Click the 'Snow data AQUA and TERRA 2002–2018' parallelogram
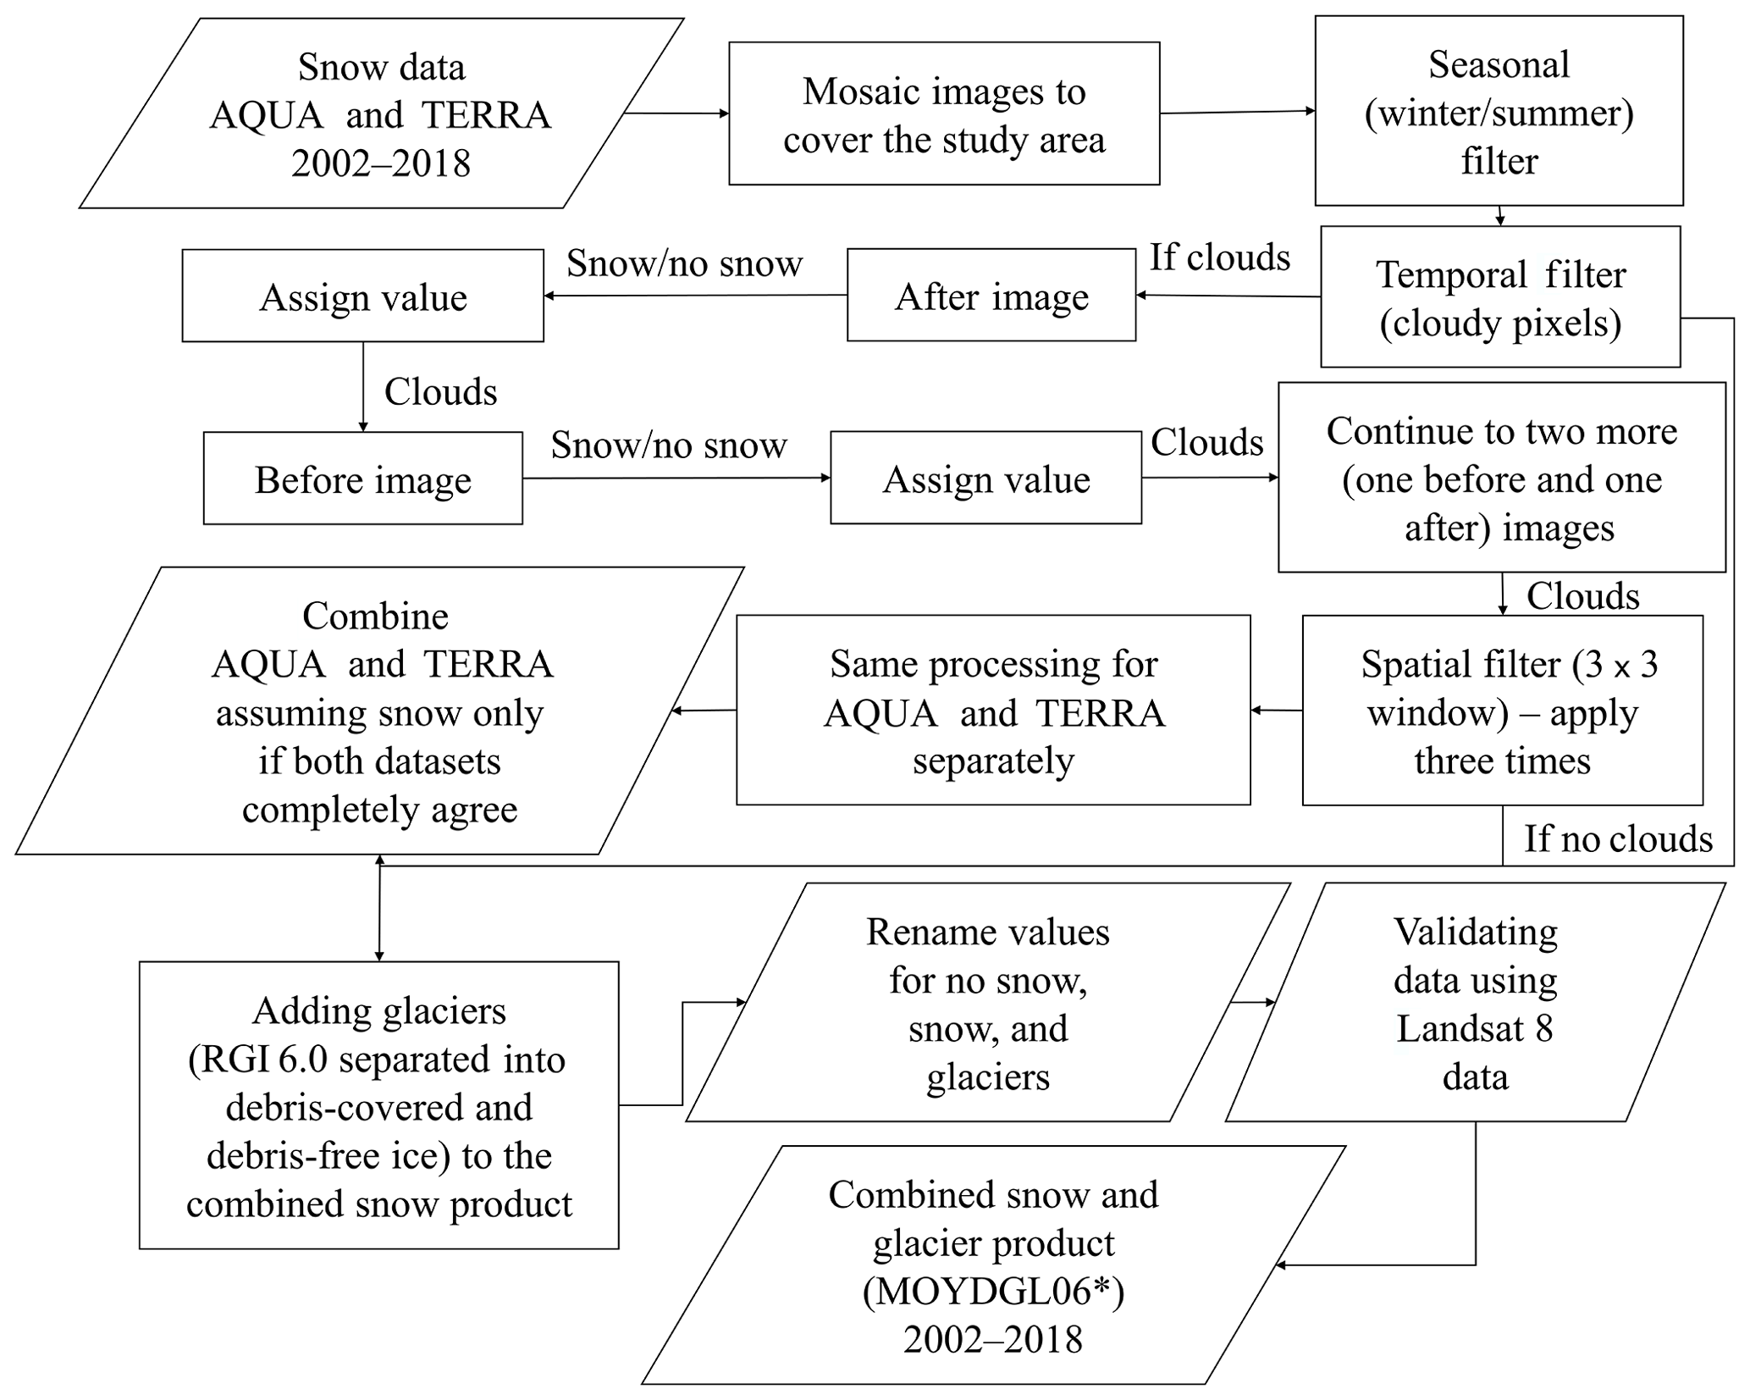coord(381,113)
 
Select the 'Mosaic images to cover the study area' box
coord(943,113)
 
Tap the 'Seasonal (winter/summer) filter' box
coord(1498,111)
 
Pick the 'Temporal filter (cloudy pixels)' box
coord(1499,296)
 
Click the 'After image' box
coord(991,296)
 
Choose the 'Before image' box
coord(362,479)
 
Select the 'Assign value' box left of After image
coord(362,296)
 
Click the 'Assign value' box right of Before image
coord(985,479)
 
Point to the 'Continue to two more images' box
coord(1501,478)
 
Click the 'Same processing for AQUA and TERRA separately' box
coord(992,710)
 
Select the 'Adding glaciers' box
coord(378,1104)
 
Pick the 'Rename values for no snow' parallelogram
coord(987,1003)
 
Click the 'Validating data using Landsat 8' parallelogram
coord(1475,1003)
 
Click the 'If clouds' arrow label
coord(1219,257)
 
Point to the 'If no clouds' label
coord(1618,838)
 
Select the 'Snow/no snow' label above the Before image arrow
coord(668,445)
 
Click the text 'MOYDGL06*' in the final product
coord(992,1291)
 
